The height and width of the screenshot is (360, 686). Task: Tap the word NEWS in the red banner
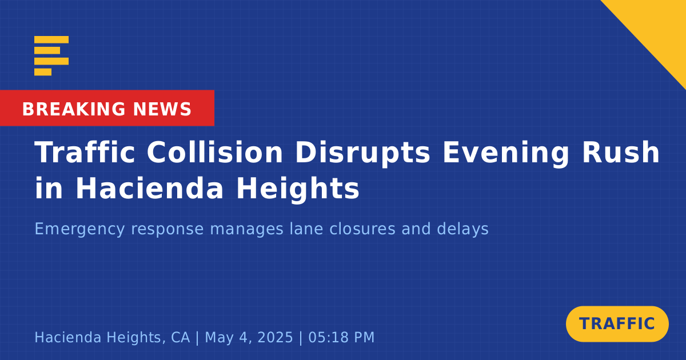162,109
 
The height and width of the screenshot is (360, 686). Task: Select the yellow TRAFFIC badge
617,323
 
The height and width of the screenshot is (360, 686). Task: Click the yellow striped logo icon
51,56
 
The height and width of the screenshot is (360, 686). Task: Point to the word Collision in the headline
215,153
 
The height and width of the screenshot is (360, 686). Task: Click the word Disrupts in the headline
362,154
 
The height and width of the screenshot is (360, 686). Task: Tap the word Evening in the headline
505,154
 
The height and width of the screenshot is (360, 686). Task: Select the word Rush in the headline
620,153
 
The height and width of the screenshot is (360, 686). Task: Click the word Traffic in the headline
85,153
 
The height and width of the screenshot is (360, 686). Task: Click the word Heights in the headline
298,190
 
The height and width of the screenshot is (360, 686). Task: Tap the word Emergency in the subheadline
79,229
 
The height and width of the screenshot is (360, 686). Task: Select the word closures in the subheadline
362,229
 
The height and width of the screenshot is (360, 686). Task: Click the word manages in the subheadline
246,230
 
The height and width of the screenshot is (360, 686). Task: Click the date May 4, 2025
249,338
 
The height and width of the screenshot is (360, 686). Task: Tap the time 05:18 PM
341,337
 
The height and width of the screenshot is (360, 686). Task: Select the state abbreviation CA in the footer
181,337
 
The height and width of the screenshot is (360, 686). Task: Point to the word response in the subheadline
167,230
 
